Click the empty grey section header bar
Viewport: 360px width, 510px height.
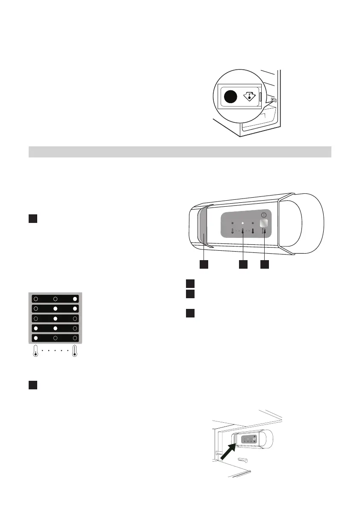pos(180,152)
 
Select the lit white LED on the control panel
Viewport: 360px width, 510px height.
pos(242,223)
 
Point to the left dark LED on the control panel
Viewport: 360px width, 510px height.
pos(232,223)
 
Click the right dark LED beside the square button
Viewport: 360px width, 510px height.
pos(253,223)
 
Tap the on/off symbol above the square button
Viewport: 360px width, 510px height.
pos(264,216)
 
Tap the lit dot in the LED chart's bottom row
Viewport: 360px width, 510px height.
pos(36,338)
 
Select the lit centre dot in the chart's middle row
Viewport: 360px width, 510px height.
pos(55,318)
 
